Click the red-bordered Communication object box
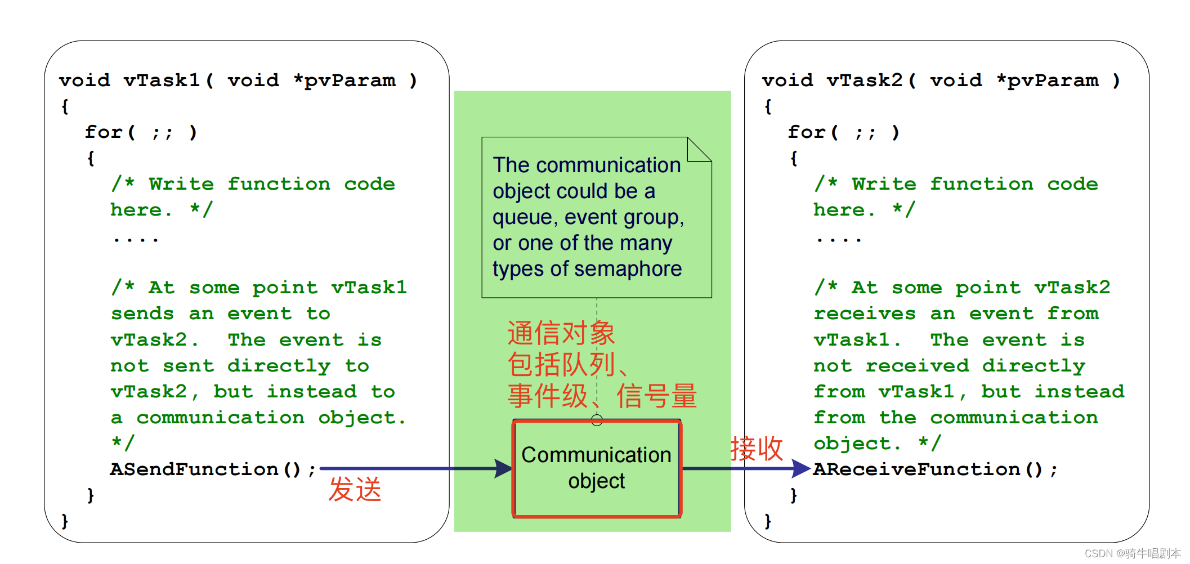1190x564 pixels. [597, 468]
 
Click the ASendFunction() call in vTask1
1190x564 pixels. [213, 469]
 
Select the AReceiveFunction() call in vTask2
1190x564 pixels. [934, 469]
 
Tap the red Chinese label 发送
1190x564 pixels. [355, 489]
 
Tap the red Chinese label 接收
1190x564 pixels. [757, 449]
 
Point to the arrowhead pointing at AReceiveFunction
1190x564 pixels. [800, 468]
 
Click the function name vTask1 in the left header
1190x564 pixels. [162, 80]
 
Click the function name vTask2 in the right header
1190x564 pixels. [865, 80]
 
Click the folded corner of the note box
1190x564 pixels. [700, 149]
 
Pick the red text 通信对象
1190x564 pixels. [561, 333]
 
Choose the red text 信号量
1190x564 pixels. [656, 396]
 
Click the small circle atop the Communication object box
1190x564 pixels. [597, 420]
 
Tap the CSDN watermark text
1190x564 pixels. [1132, 554]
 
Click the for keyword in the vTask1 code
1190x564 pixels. [104, 132]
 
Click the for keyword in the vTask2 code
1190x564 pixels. [807, 132]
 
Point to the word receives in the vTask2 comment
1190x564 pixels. [865, 314]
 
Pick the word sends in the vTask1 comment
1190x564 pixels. [142, 314]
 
